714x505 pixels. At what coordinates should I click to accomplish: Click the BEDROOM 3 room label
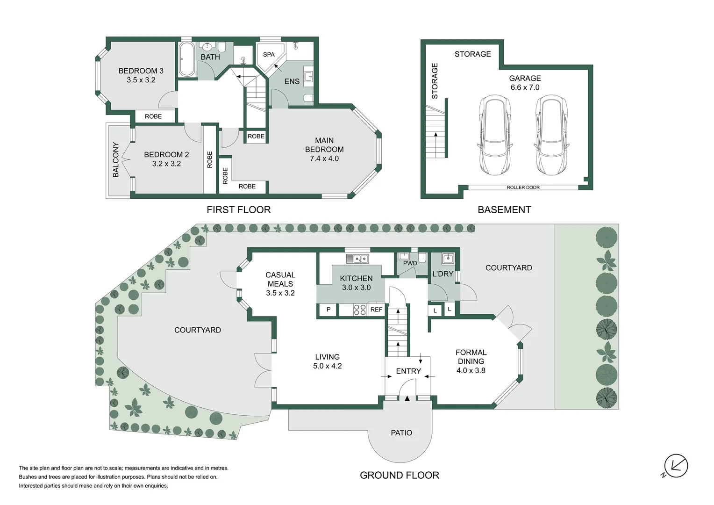click(x=141, y=71)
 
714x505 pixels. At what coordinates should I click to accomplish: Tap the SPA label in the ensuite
click(x=269, y=55)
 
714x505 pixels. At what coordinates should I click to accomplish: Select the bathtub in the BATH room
click(x=186, y=59)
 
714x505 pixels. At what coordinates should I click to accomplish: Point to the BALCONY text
click(x=116, y=159)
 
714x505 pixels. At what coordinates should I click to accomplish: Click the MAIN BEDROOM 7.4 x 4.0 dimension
click(x=324, y=159)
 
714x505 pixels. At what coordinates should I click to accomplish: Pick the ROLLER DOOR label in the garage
click(x=523, y=188)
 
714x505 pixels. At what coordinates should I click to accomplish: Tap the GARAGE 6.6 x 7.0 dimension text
click(x=525, y=87)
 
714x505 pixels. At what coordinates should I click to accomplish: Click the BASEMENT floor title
click(x=504, y=209)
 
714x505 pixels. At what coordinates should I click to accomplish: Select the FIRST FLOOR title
click(x=238, y=209)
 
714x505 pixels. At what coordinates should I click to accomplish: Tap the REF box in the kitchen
click(x=377, y=310)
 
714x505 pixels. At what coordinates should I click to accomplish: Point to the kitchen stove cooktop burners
click(x=359, y=310)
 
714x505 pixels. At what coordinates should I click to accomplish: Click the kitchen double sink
click(x=357, y=259)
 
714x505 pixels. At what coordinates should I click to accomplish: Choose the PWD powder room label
click(x=410, y=263)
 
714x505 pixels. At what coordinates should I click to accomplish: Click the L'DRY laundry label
click(x=443, y=274)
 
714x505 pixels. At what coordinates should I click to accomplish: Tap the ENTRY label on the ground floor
click(x=408, y=371)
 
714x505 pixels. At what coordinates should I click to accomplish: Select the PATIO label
click(x=401, y=433)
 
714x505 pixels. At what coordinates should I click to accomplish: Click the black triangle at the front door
click(x=407, y=398)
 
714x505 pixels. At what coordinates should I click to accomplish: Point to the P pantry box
click(x=328, y=310)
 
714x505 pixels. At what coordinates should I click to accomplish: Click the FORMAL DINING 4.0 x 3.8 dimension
click(x=471, y=370)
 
